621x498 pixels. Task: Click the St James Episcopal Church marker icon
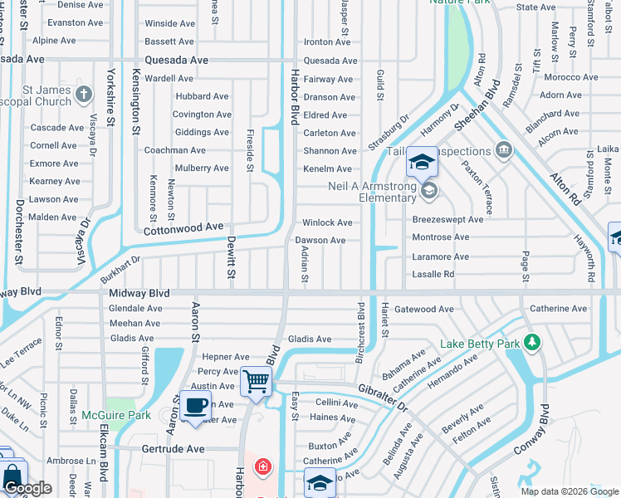click(x=84, y=94)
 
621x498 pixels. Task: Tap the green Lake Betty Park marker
click(x=532, y=342)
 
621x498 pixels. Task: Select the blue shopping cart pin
click(x=257, y=383)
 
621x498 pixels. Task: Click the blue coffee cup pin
click(x=195, y=407)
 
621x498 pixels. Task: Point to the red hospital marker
click(x=263, y=467)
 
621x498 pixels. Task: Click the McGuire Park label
click(x=115, y=415)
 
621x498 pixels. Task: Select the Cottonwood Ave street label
click(x=183, y=227)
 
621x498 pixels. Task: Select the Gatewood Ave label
click(x=423, y=310)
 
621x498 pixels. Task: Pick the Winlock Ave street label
click(x=327, y=222)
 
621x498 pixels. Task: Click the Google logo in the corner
click(x=27, y=489)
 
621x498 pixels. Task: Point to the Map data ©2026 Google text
click(x=570, y=491)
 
